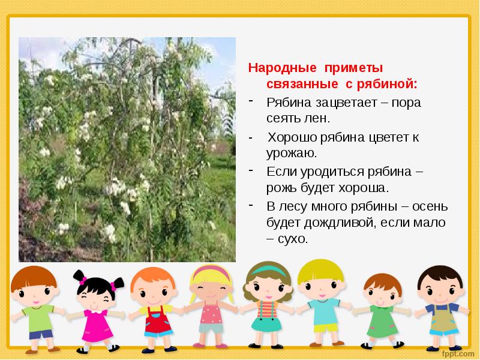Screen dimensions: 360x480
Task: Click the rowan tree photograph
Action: click(x=127, y=150)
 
